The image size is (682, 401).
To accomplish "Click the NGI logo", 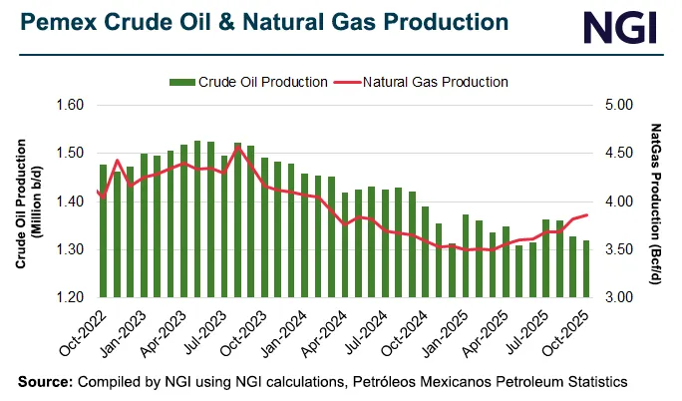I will pyautogui.click(x=621, y=26).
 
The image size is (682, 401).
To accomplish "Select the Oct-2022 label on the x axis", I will pyautogui.click(x=87, y=331).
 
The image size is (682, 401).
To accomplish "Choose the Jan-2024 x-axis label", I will pyautogui.click(x=303, y=331).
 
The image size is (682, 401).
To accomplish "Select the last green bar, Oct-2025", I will pyautogui.click(x=586, y=269).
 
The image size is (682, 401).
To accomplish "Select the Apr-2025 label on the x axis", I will pyautogui.click(x=492, y=331).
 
